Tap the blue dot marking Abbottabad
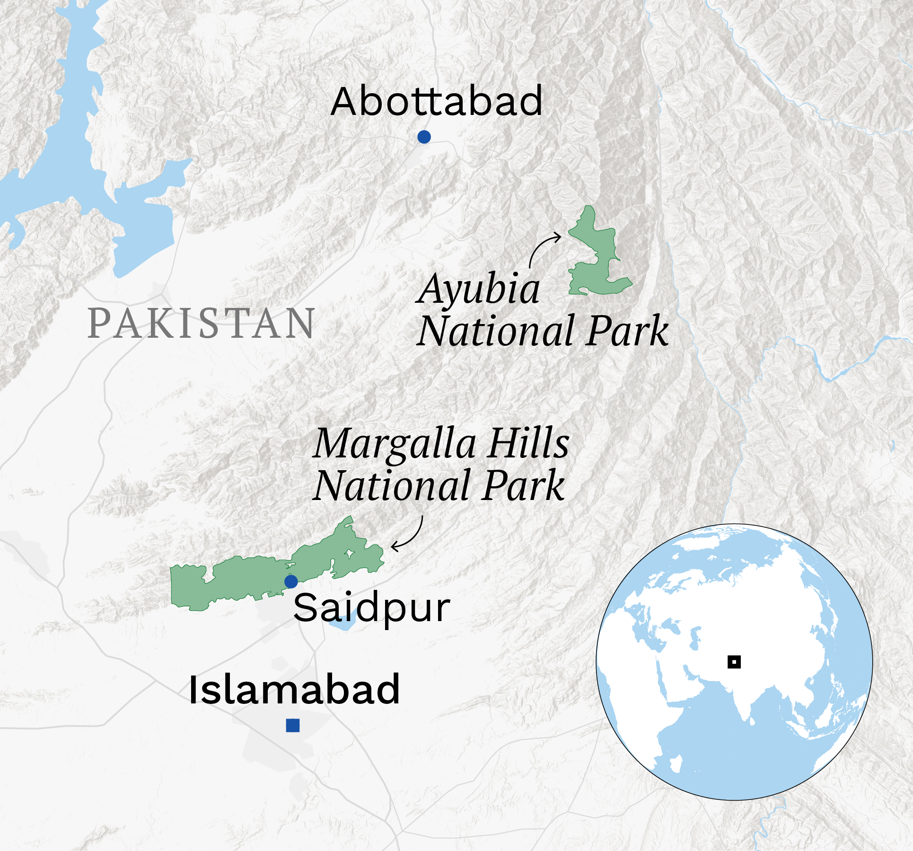(x=424, y=137)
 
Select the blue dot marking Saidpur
(x=291, y=581)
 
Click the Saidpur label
(x=372, y=608)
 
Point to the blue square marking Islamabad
(x=293, y=725)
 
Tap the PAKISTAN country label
(x=202, y=324)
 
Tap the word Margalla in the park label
(x=395, y=444)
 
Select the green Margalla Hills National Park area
(x=237, y=582)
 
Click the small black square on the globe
(x=734, y=662)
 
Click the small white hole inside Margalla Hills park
(x=350, y=553)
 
